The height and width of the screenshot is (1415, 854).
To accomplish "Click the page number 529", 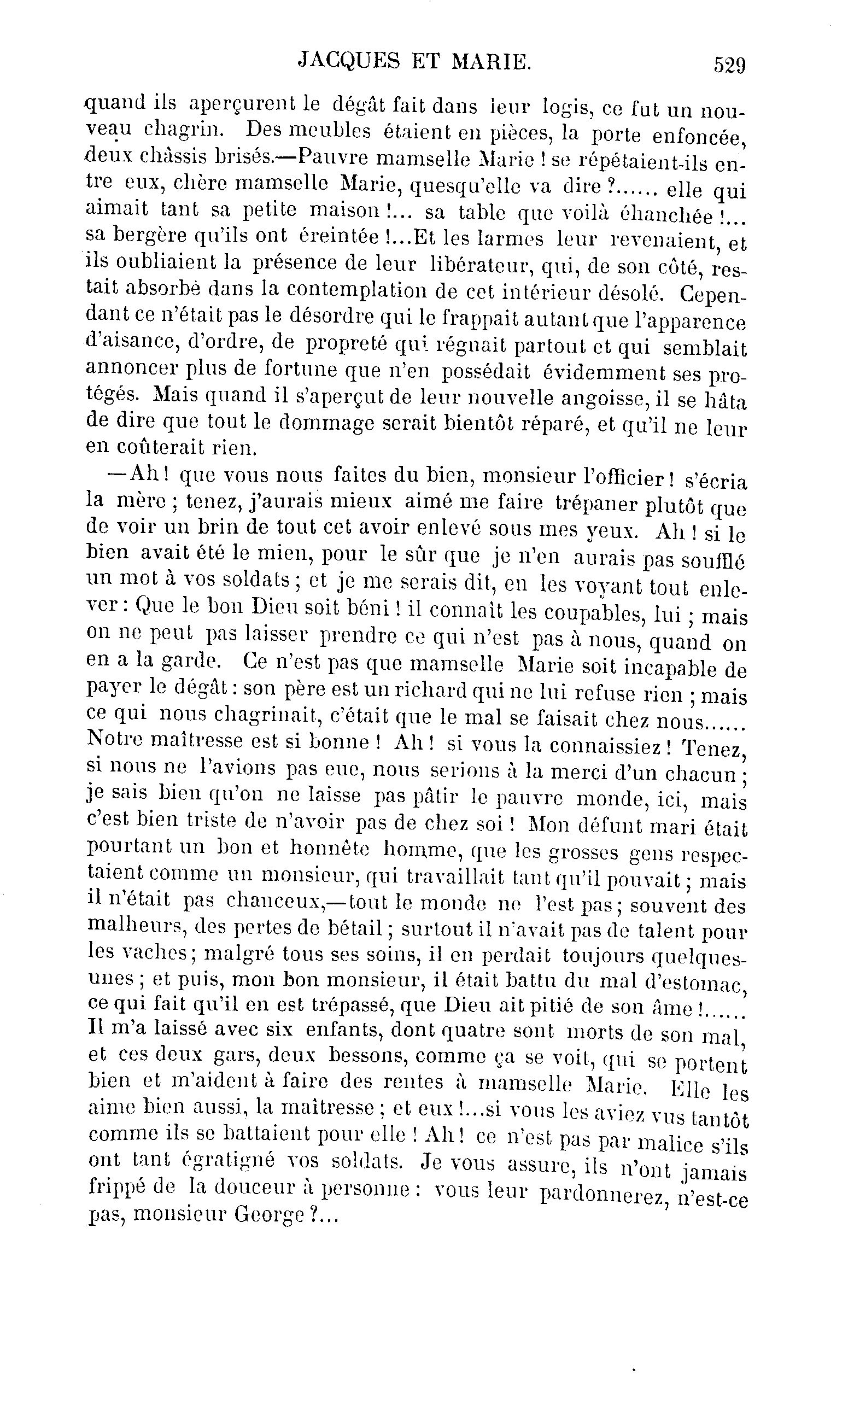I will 729,65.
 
